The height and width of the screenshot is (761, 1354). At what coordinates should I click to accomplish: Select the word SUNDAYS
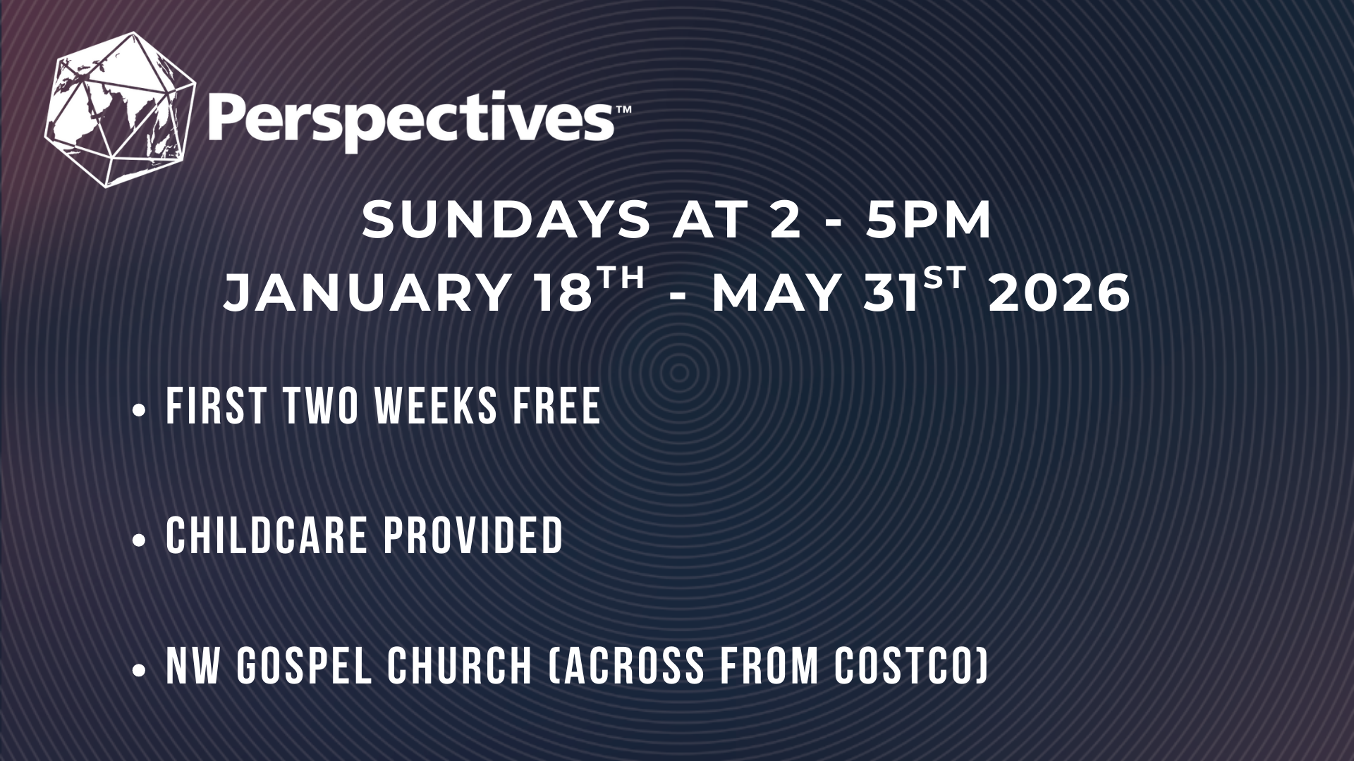(x=505, y=221)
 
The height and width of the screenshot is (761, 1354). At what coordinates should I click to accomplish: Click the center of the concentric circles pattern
(x=679, y=371)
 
